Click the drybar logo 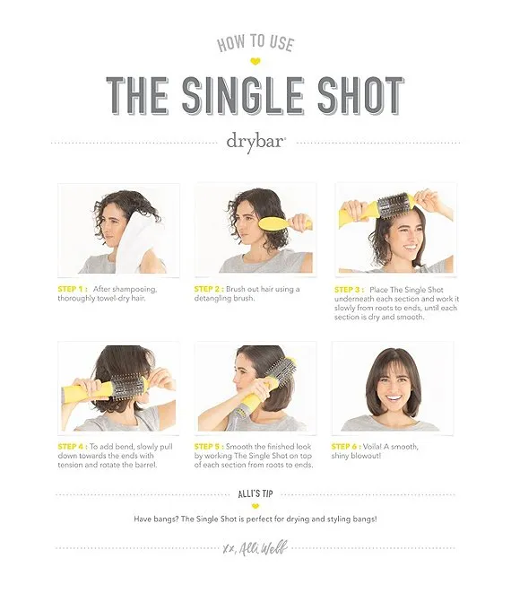[255, 143]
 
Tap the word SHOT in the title [361, 95]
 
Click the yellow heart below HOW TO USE [255, 61]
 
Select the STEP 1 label [73, 289]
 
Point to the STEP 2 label [209, 289]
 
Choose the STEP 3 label [349, 290]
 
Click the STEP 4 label [73, 447]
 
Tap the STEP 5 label [209, 447]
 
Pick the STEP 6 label [346, 447]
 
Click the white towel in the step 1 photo [135, 242]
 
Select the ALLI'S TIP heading [255, 494]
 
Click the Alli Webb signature [255, 548]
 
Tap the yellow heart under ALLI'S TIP [255, 506]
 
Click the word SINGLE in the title [243, 95]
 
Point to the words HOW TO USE [255, 42]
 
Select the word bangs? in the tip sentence [167, 519]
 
